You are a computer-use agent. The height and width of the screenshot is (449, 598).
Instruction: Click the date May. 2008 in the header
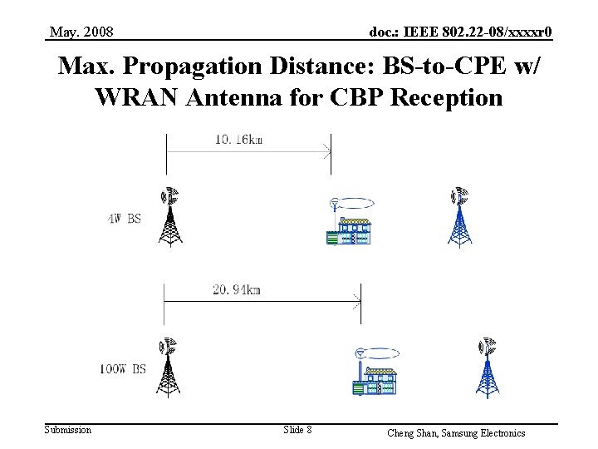(x=81, y=32)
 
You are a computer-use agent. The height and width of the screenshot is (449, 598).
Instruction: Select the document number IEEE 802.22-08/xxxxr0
(x=461, y=32)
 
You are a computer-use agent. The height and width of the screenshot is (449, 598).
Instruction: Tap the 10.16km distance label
(x=238, y=140)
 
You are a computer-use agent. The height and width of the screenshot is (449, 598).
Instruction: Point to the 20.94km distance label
(x=237, y=289)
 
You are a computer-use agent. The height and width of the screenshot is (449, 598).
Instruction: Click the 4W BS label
(x=124, y=220)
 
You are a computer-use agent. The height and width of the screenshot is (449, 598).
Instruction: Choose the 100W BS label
(x=122, y=368)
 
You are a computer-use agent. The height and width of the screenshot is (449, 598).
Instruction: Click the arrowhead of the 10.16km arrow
(x=328, y=151)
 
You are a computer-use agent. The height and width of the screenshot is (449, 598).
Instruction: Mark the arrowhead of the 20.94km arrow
(x=357, y=301)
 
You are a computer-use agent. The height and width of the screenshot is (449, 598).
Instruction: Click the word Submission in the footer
(x=68, y=429)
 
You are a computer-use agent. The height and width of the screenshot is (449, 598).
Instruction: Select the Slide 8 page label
(x=297, y=429)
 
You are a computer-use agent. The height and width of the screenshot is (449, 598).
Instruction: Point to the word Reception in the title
(x=445, y=98)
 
